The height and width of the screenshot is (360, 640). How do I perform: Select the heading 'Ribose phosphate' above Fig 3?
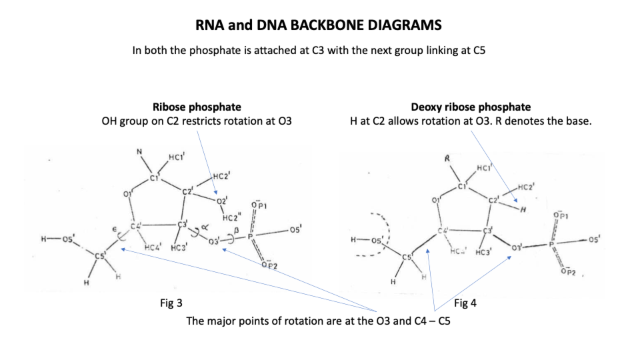pos(197,107)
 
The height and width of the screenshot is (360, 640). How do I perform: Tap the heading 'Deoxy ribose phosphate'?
pos(471,107)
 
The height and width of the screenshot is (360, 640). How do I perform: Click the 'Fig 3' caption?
pos(171,303)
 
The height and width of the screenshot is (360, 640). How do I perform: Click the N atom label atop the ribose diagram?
pos(139,152)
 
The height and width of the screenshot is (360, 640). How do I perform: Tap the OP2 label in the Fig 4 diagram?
pos(568,272)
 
